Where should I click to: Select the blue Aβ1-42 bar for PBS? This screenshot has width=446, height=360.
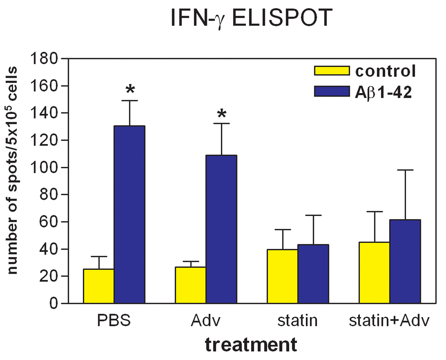tap(129, 214)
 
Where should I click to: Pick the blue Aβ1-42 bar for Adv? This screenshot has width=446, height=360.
tap(221, 229)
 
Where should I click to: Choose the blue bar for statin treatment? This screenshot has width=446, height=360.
tap(313, 274)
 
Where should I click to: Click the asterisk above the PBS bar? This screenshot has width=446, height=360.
tap(130, 90)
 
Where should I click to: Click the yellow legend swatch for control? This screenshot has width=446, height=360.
tap(331, 70)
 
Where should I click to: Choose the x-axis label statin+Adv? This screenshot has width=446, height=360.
tap(387, 321)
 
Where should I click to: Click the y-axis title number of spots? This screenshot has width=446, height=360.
tap(13, 170)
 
